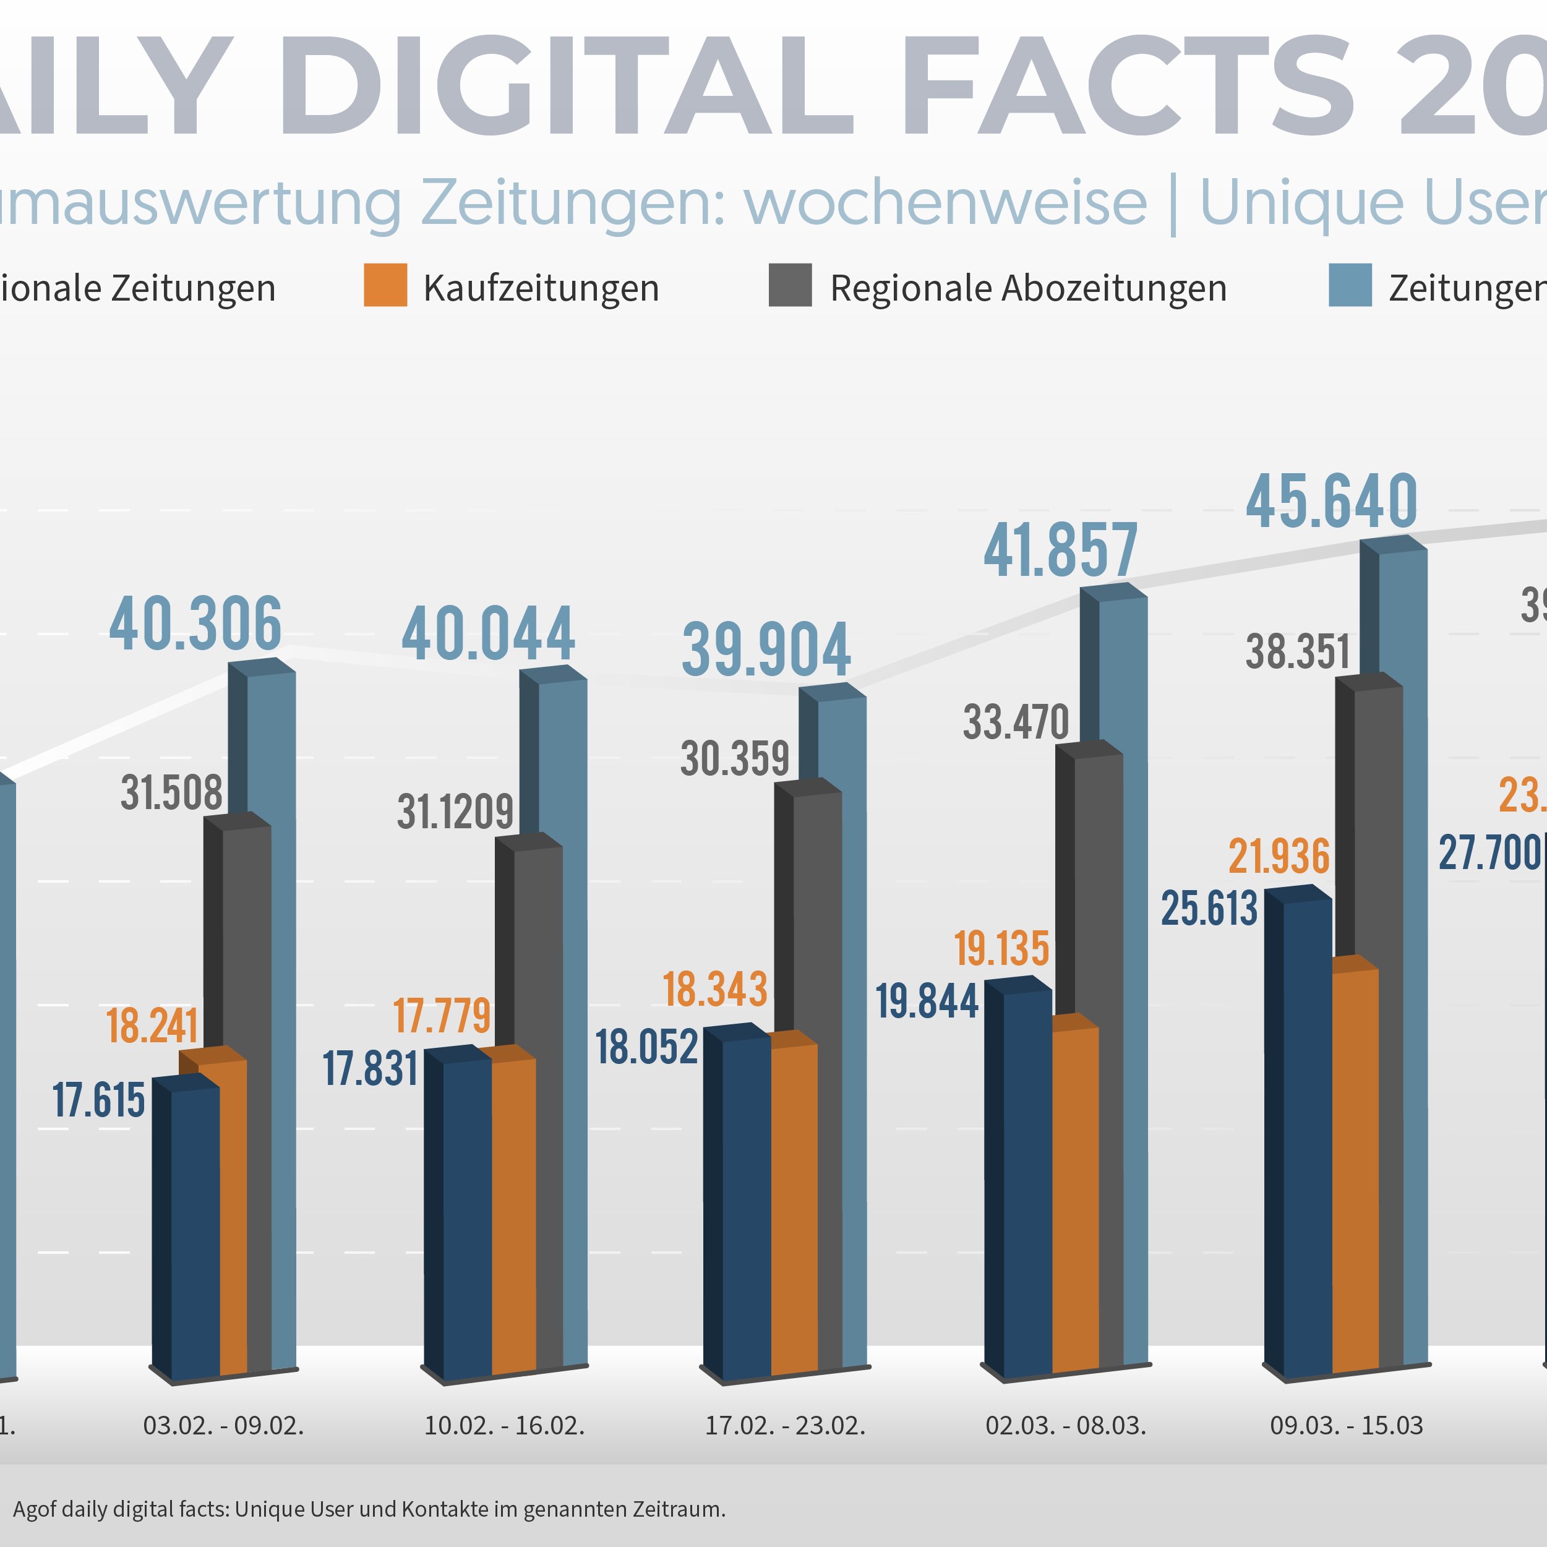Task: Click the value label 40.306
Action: tap(195, 625)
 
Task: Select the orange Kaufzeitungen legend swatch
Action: tap(385, 285)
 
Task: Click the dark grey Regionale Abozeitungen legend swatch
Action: tap(789, 285)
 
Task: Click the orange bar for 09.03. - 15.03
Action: tap(1355, 1169)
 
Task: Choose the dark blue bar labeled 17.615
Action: tap(195, 1233)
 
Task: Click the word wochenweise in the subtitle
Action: tap(946, 203)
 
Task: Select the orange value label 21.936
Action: tap(1279, 857)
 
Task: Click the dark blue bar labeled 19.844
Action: tap(1027, 1185)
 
